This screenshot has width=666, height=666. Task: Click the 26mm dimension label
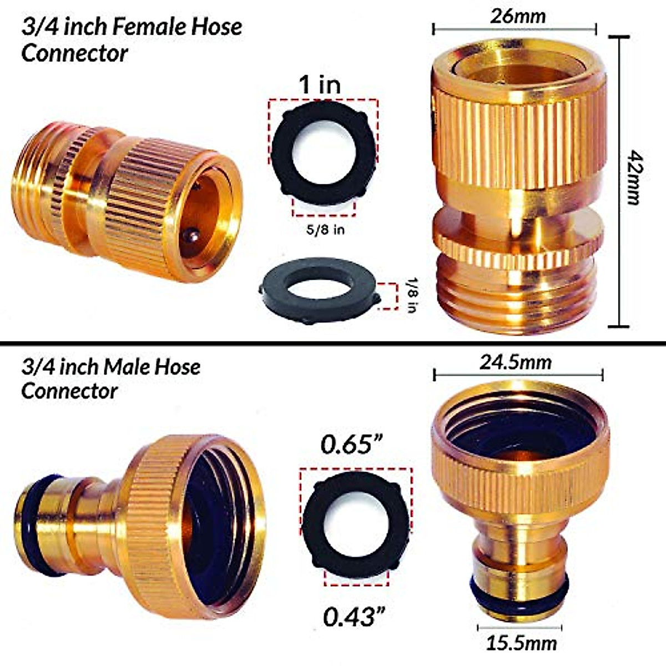coord(518,16)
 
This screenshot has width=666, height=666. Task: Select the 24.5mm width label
coord(516,362)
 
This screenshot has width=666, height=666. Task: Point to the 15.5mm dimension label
coord(521,644)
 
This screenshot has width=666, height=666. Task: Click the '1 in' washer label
coord(320,85)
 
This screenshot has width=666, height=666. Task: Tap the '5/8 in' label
coord(324,229)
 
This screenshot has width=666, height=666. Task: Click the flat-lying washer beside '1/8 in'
coord(320,292)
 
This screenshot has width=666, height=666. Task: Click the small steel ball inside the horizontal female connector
coord(191,235)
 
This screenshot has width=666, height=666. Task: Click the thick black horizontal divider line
coord(333,342)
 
